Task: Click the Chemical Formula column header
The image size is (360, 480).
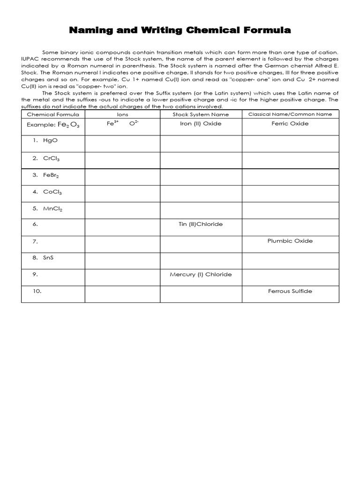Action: coord(53,114)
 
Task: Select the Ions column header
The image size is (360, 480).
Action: coord(122,114)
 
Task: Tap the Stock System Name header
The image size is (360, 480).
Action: coord(201,114)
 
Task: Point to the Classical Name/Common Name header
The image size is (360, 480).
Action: coord(290,114)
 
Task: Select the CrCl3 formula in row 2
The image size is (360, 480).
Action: coord(52,158)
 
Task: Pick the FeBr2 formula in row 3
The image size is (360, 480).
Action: coord(52,175)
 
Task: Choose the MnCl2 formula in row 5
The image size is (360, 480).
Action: coord(53,209)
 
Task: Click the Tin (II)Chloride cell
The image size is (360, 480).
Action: coord(201,224)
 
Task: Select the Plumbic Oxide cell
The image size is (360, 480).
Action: coord(290,241)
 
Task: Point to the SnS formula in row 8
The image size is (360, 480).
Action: coord(48,258)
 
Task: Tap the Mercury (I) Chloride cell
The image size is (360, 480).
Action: coord(201,275)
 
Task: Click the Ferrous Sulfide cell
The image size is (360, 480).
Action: coord(290,291)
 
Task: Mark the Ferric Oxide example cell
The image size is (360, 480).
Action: coord(290,124)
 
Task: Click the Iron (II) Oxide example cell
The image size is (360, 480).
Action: coord(201,124)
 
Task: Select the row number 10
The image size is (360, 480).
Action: coord(37,291)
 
